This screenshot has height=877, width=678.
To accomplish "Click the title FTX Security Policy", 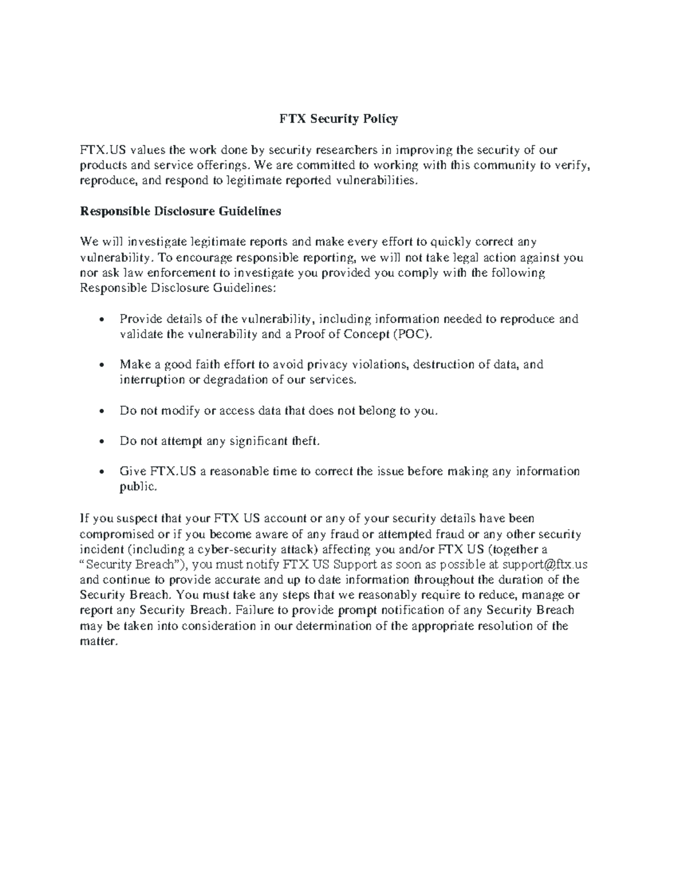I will click(x=338, y=119).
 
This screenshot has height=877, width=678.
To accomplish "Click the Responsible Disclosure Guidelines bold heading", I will click(x=180, y=211).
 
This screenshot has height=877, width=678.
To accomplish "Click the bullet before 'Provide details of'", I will click(x=101, y=320).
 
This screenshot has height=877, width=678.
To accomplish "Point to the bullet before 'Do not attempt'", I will click(x=101, y=442).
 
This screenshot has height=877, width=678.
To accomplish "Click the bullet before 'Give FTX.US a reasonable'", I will click(x=101, y=472).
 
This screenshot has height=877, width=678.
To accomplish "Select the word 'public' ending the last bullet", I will click(x=137, y=486).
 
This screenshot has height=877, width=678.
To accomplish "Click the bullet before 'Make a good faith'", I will click(x=101, y=365).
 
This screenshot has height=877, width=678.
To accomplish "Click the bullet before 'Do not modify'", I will click(x=101, y=411).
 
